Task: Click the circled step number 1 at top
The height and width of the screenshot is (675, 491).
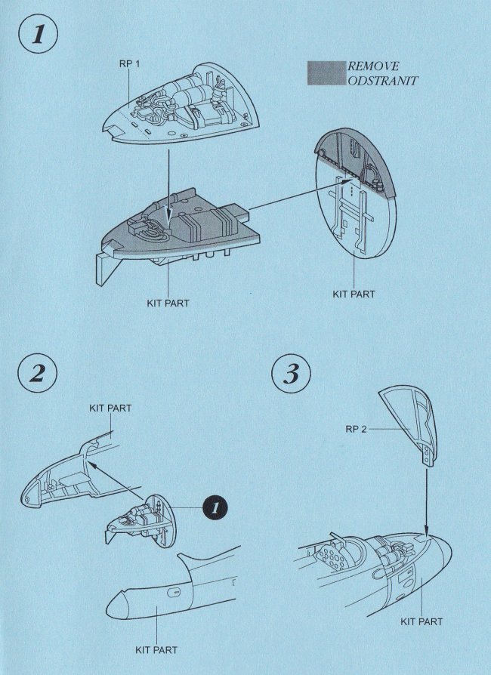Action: pos(38,34)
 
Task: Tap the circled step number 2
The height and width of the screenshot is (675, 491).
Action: pos(38,373)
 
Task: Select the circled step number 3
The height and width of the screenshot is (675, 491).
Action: pos(291,373)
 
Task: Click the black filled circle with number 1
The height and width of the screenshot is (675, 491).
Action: pos(215,508)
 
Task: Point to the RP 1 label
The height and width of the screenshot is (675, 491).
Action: pos(129,64)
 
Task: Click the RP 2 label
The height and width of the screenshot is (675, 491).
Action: pos(357,429)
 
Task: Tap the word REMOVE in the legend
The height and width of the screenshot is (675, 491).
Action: pos(373,66)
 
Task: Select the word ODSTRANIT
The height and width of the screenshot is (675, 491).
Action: pos(383,81)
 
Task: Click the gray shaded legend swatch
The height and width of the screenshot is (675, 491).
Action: pos(326,73)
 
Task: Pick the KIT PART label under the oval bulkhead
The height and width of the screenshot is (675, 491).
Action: pos(354,294)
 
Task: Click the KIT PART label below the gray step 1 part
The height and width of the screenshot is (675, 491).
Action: pos(168,303)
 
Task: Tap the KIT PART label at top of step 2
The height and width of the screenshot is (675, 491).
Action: pos(111,408)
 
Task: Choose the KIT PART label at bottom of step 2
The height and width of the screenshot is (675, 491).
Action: pos(156,650)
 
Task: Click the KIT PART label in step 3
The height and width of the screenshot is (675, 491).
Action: pos(422,621)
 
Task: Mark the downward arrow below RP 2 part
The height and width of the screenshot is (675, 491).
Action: pos(426,502)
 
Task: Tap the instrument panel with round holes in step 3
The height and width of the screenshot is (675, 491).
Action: pos(330,557)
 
